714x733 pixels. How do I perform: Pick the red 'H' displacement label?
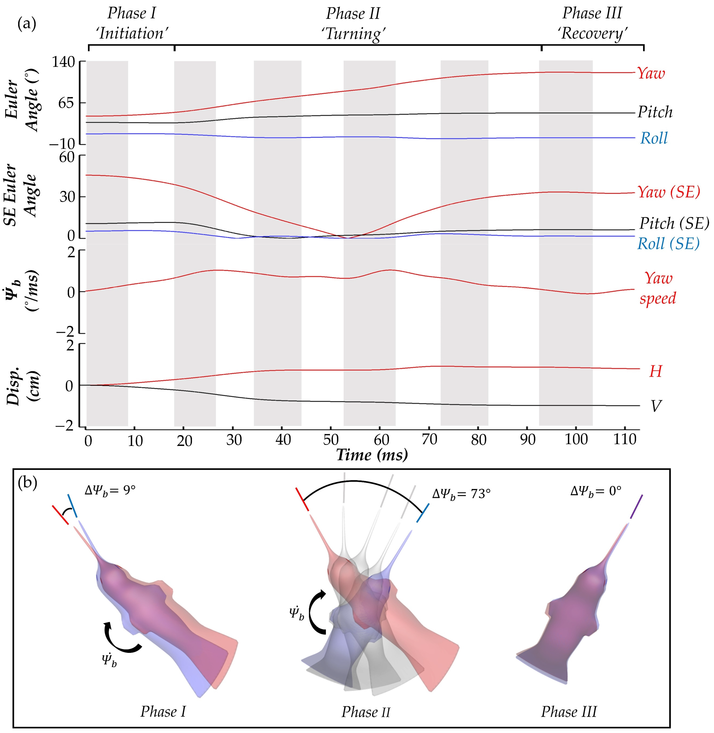pos(655,371)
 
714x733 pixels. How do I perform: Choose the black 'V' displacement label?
pos(655,406)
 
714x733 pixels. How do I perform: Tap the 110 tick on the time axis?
pos(624,440)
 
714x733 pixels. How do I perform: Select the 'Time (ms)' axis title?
pos(372,455)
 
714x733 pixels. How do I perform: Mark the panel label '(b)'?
pos(28,484)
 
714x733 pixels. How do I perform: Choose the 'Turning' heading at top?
pos(353,34)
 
